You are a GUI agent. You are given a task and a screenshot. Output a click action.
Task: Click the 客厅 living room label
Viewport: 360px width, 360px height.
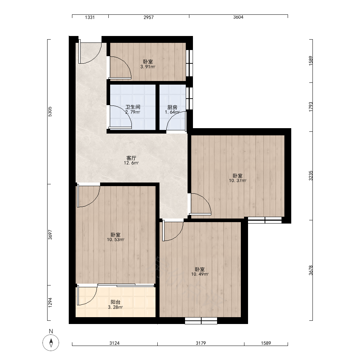click(131, 158)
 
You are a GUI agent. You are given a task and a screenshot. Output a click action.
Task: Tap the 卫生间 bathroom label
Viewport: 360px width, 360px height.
click(133, 107)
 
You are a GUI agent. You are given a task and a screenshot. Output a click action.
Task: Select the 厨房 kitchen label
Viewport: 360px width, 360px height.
click(172, 107)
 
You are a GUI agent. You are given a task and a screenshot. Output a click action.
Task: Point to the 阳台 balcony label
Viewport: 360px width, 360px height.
click(116, 302)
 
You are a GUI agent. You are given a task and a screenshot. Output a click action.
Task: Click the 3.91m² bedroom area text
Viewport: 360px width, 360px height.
click(148, 67)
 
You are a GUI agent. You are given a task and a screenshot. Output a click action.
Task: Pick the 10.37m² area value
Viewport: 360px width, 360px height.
click(238, 181)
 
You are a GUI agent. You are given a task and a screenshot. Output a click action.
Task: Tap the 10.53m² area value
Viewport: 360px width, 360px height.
click(116, 240)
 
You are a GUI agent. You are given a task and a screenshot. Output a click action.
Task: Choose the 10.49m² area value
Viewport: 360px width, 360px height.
click(200, 274)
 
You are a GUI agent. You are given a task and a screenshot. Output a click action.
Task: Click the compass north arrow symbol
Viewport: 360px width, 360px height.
click(51, 343)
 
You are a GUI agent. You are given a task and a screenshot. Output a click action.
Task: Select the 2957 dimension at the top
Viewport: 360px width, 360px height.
click(149, 17)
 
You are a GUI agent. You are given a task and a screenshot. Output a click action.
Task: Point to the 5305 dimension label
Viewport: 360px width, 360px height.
click(50, 112)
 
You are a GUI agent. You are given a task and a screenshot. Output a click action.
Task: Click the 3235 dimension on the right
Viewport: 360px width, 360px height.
click(311, 176)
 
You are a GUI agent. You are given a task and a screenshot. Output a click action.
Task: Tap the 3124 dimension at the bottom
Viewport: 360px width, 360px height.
click(114, 343)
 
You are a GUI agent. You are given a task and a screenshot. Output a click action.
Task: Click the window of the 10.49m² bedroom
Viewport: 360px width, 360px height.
click(201, 321)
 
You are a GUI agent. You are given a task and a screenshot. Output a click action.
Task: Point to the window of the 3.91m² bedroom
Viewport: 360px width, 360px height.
click(189, 63)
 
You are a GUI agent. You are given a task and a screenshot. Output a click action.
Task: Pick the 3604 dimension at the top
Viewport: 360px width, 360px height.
click(238, 17)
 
